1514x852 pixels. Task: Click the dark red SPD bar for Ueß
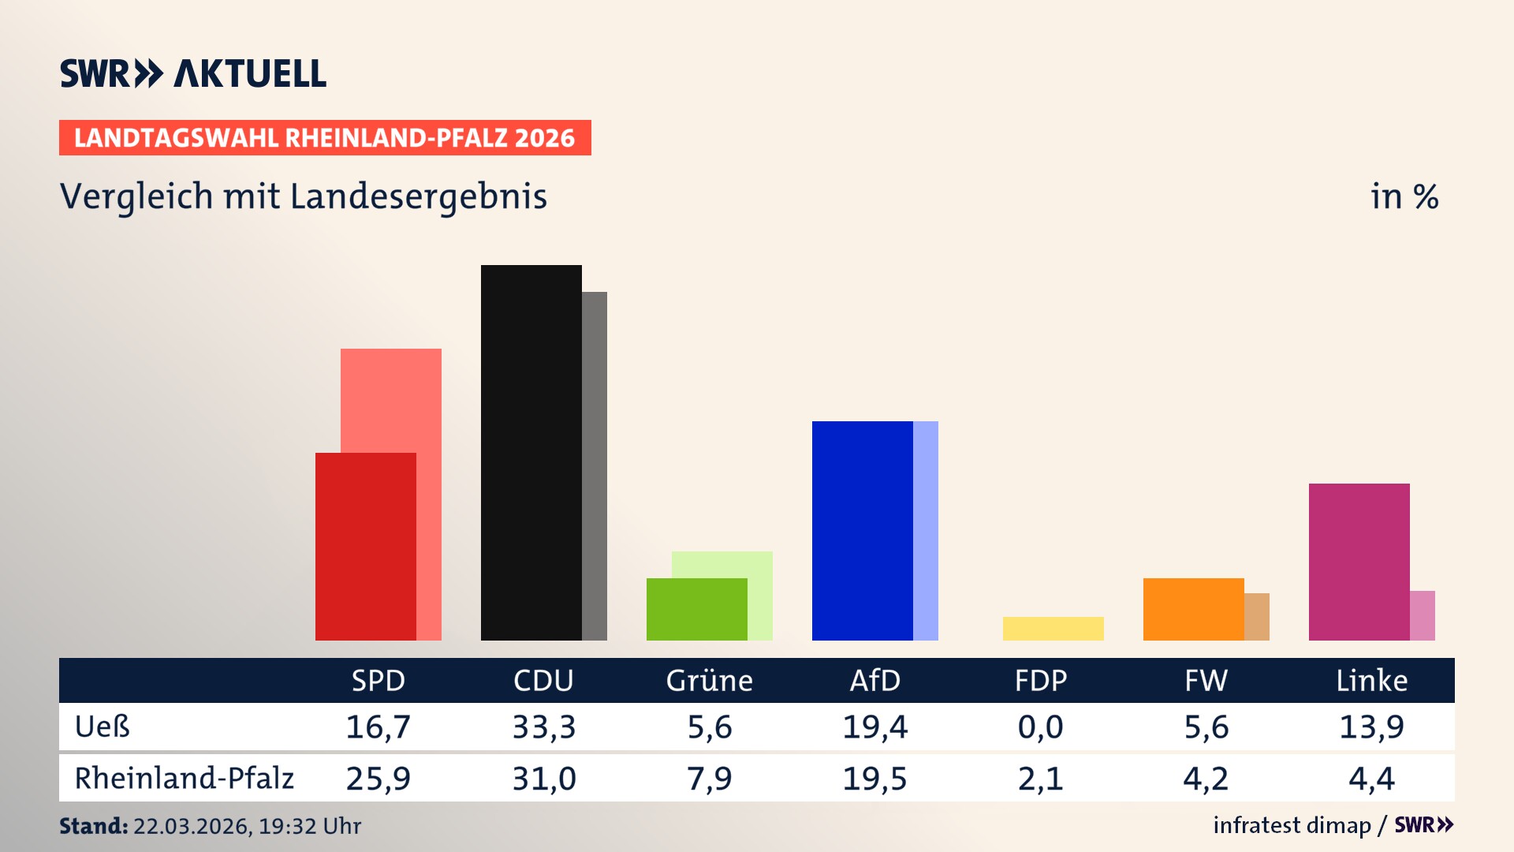coord(365,546)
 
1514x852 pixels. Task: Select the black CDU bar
coord(531,452)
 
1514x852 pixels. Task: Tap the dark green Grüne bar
coord(696,609)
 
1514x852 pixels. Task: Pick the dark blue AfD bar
coord(862,530)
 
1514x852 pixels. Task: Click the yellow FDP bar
coord(1053,629)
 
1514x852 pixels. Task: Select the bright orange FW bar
coord(1193,609)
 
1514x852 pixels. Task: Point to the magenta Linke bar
coord(1359,562)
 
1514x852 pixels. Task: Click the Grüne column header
coord(709,681)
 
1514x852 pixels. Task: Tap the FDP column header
coord(1040,681)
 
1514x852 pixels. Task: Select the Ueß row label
coord(103,727)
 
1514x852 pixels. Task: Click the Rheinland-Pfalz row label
coord(184,779)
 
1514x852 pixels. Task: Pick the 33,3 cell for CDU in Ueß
coord(543,727)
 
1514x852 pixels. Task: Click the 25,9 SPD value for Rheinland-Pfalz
coord(378,779)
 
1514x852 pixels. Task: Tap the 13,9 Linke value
coord(1371,727)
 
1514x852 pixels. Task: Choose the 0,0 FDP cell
coord(1040,727)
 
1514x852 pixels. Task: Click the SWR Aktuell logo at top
coord(193,73)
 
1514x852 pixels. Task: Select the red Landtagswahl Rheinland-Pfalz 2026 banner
coord(325,138)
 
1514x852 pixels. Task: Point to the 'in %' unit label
coord(1404,196)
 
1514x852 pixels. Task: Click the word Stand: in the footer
coord(93,826)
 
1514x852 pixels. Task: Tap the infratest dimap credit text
coord(1292,825)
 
